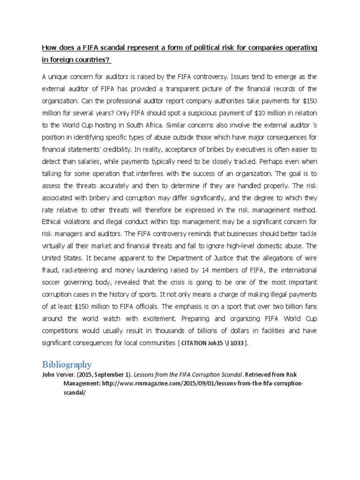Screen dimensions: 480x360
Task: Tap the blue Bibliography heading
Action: coord(67,364)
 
